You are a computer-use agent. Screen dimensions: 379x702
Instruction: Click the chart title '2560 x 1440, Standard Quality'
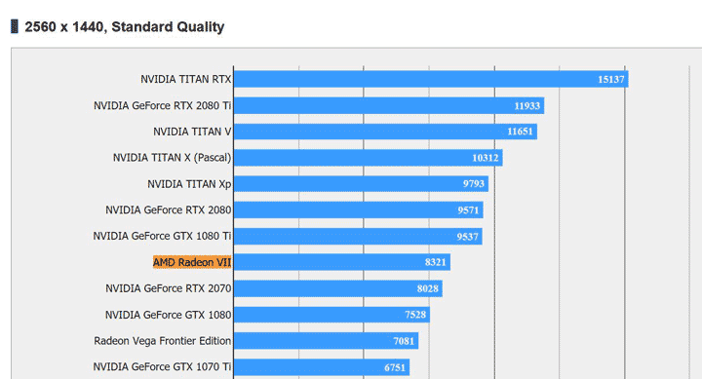pos(124,26)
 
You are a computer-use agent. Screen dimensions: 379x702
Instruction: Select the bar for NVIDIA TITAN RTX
pos(429,79)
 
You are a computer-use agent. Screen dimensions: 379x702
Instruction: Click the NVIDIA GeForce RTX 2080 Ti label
pos(162,105)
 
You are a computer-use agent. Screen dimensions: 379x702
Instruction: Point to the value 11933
pos(527,105)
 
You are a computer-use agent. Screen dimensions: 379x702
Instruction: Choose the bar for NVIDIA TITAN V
pos(384,132)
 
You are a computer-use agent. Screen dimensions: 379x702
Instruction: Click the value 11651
pos(521,132)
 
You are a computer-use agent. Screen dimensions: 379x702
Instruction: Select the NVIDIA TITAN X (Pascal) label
pos(172,157)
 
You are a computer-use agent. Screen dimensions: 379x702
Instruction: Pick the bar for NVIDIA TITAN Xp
pos(360,183)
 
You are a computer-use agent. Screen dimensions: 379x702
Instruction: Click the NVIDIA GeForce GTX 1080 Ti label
pos(162,236)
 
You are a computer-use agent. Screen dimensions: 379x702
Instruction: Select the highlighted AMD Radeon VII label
pos(192,262)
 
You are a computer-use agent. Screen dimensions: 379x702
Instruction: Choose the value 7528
pos(415,315)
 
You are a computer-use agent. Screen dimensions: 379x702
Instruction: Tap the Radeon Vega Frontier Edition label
pos(162,341)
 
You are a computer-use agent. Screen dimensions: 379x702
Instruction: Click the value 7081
pos(405,341)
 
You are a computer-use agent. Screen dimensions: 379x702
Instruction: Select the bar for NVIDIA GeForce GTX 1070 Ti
pos(321,367)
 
